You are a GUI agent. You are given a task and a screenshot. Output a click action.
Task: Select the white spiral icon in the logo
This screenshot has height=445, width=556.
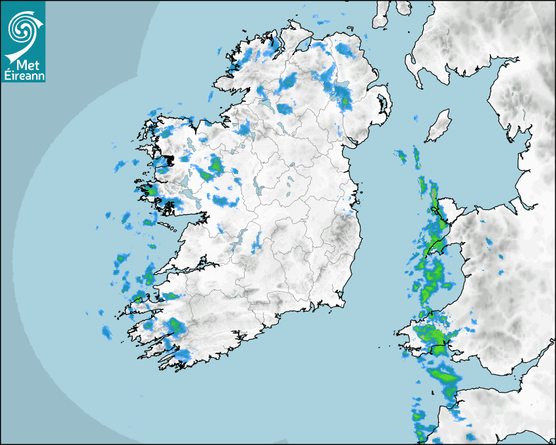coord(22,29)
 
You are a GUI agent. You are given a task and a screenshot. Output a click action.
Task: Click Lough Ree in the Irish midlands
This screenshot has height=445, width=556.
coord(261,190)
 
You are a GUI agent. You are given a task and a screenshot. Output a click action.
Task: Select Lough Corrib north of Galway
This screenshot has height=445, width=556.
coord(190,180)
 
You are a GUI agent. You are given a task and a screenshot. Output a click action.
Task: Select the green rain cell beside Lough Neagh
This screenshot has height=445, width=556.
coord(344,101)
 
